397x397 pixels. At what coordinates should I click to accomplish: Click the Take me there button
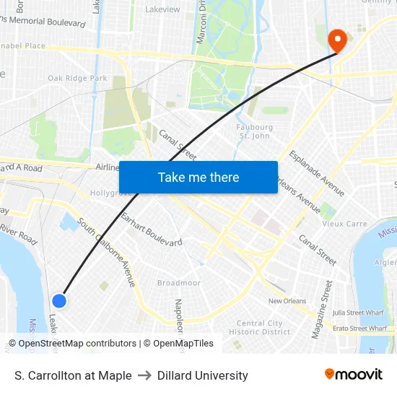[198, 177]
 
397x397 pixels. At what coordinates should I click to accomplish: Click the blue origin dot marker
[60, 300]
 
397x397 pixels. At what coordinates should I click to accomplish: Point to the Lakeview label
[162, 9]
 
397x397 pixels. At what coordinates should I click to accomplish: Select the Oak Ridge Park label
[77, 78]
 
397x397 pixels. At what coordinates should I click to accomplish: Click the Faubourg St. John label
[254, 131]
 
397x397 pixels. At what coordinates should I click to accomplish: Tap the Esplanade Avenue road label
[316, 173]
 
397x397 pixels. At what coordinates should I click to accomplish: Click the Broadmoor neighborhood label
[179, 283]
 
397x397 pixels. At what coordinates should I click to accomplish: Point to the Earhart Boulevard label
[151, 230]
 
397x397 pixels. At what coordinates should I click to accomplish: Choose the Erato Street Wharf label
[363, 328]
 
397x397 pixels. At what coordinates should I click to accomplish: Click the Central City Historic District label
[259, 328]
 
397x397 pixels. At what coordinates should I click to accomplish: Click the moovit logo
[354, 375]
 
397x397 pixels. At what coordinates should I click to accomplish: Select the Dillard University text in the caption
[203, 375]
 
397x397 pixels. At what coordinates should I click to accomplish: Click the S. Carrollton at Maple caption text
[73, 375]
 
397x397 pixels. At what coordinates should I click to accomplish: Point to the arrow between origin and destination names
[144, 375]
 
